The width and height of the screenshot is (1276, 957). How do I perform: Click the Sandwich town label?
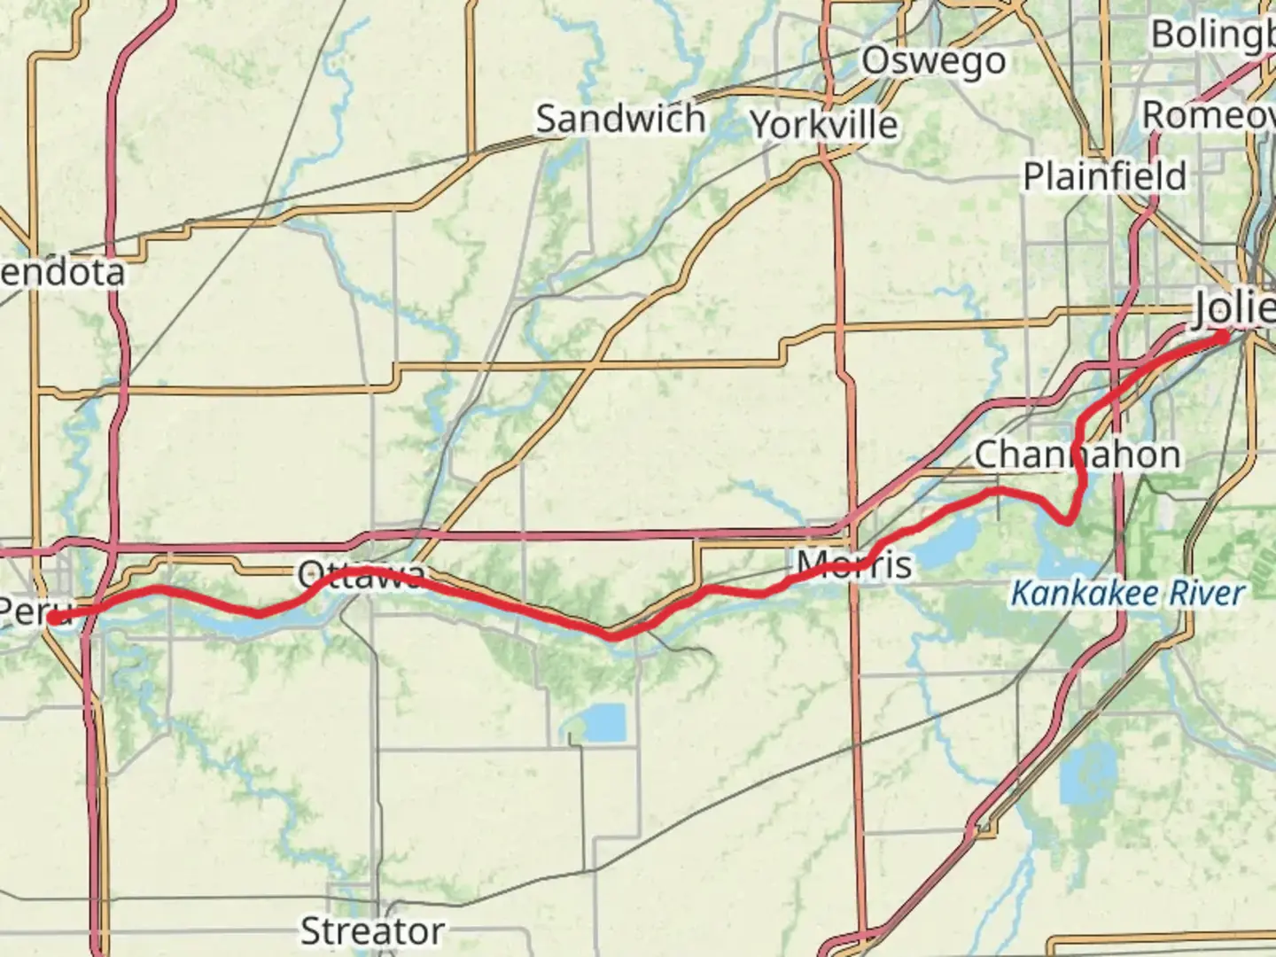coord(620,119)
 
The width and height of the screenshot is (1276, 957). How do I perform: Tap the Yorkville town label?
coord(824,125)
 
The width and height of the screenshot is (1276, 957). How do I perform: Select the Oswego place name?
coord(933,61)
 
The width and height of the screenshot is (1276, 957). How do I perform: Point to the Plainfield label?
coord(1104,176)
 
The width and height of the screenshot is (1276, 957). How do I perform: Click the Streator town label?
coord(372,931)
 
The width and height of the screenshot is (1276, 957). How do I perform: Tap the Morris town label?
coord(853,564)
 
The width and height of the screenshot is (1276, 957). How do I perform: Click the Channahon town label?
coord(1077,455)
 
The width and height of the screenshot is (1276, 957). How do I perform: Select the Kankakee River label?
coord(1127,593)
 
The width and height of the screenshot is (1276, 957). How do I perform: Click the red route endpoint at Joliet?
coord(1222,336)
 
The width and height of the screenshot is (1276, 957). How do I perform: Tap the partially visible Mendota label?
coord(62,272)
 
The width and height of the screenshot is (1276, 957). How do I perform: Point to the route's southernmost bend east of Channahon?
coord(1069,521)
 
